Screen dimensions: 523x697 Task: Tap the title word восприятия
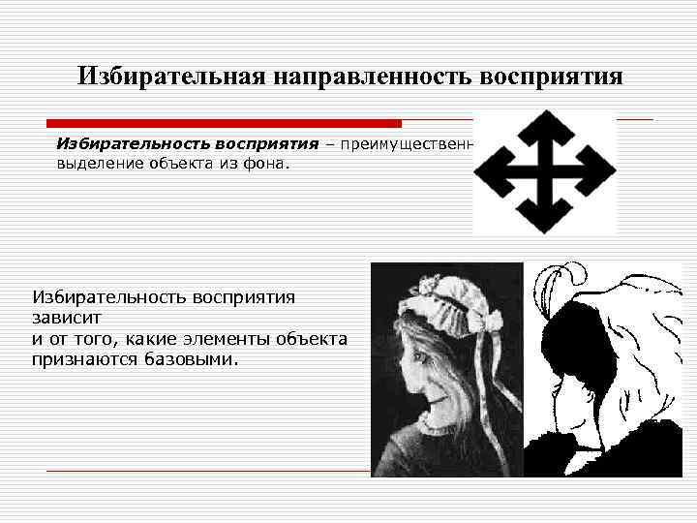558,76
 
